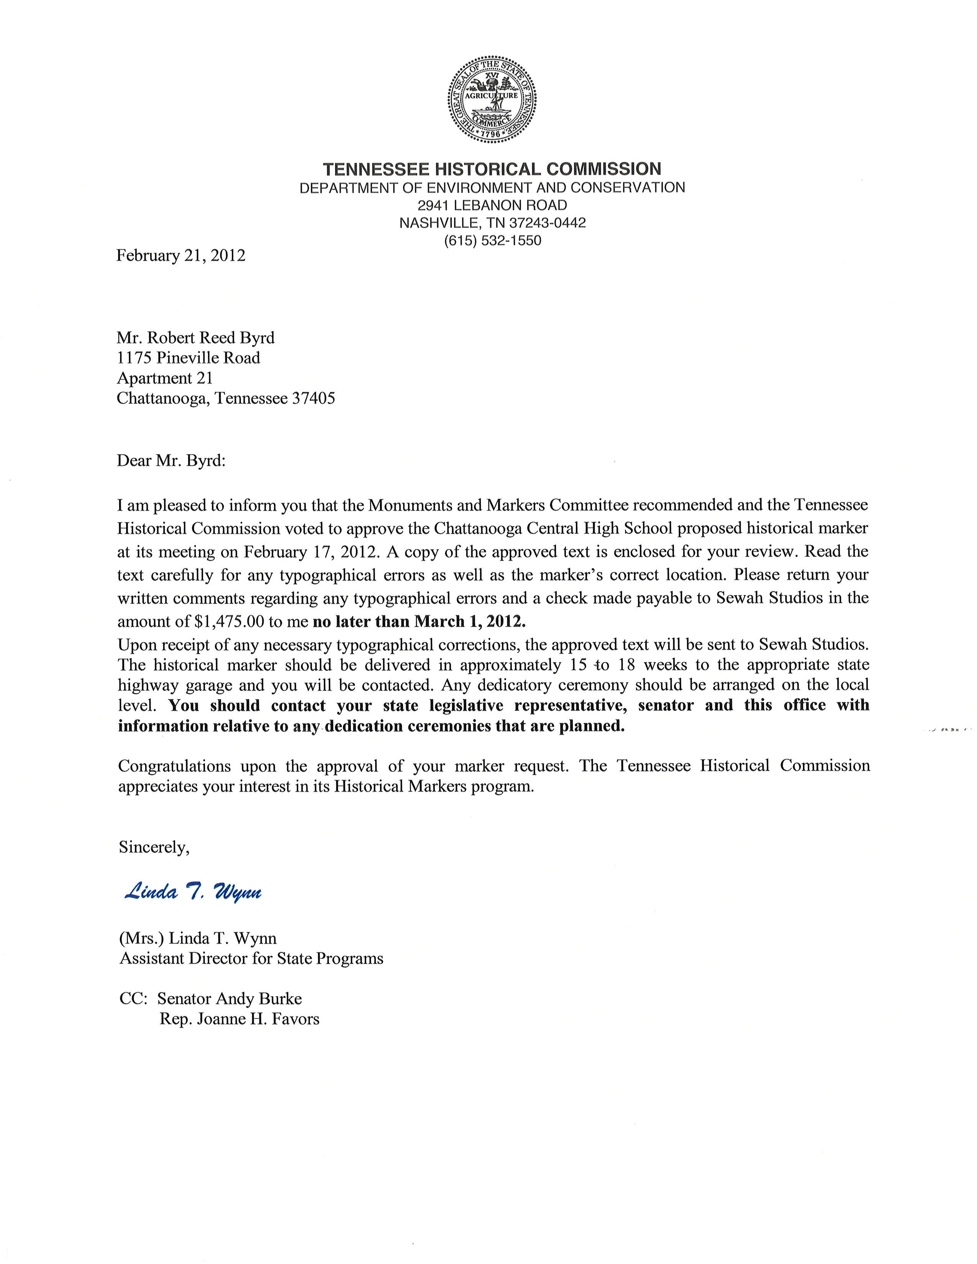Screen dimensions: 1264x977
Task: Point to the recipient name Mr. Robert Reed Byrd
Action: coord(196,337)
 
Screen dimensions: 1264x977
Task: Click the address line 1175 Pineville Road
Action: coord(188,358)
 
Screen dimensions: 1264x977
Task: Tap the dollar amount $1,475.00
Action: coord(230,622)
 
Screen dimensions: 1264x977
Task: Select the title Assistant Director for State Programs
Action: coord(251,958)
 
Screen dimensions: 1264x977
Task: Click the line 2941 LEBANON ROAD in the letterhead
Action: coord(492,205)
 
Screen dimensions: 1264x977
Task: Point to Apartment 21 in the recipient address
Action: coord(165,378)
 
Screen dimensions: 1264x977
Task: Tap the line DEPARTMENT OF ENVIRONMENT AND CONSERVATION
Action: coord(492,188)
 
